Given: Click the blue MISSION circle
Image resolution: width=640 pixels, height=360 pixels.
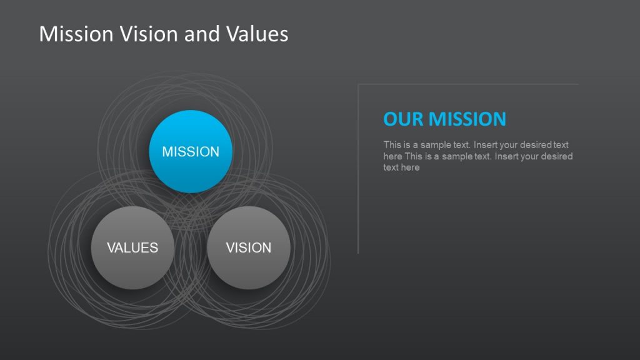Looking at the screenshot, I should click(x=191, y=151).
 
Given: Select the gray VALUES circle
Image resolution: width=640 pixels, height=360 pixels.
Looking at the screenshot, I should click(x=132, y=247).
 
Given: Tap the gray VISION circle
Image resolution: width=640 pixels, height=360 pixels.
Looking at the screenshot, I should click(x=248, y=247).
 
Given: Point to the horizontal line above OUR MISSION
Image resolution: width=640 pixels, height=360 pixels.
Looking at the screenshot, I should click(x=469, y=84).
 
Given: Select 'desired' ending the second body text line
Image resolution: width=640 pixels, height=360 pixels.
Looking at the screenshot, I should click(x=557, y=156).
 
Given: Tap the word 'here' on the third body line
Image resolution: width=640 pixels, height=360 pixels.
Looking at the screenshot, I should click(x=410, y=167).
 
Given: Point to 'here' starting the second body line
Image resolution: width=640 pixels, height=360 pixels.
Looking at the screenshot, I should click(x=392, y=156).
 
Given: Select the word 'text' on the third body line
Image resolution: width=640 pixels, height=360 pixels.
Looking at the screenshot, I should click(x=391, y=167).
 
